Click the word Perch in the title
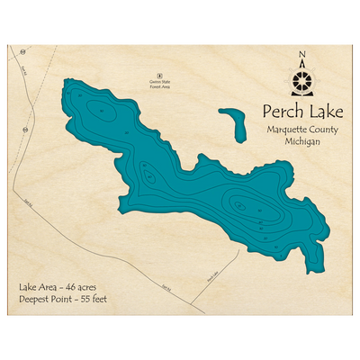pyautogui.click(x=278, y=112)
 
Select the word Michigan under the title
pyautogui.click(x=301, y=144)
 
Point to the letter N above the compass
pyautogui.click(x=301, y=53)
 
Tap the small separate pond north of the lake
pyautogui.click(x=233, y=124)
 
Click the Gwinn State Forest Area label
pyautogui.click(x=159, y=88)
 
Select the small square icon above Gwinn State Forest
pyautogui.click(x=159, y=76)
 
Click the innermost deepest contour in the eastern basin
pyautogui.click(x=238, y=205)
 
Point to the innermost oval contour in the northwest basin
pyautogui.click(x=102, y=112)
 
